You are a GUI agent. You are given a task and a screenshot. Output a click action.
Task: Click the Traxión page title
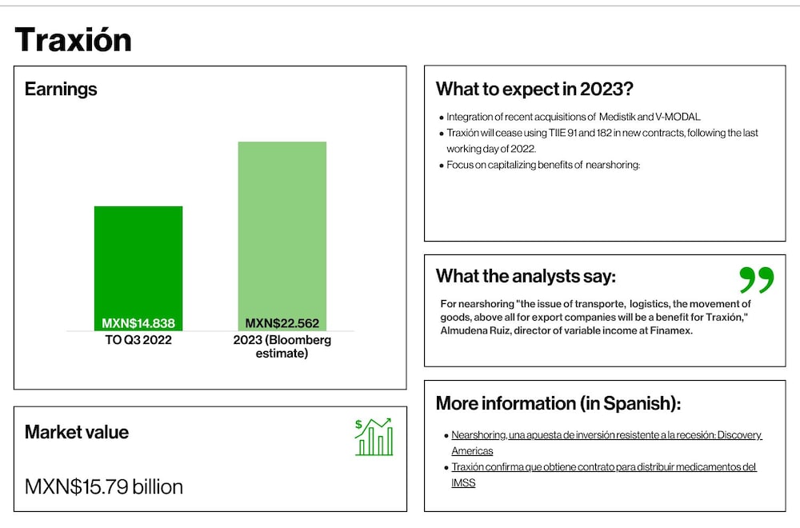(x=73, y=39)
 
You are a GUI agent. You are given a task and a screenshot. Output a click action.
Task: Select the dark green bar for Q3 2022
(x=138, y=268)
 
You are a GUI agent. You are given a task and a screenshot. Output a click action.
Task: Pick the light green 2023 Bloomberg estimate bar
(x=282, y=236)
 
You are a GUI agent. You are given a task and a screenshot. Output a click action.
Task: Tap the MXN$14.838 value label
(x=138, y=323)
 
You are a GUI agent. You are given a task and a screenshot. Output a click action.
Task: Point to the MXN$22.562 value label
(x=282, y=323)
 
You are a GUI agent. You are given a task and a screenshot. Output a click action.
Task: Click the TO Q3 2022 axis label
(x=138, y=340)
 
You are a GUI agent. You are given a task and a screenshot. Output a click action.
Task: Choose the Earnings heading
(x=61, y=90)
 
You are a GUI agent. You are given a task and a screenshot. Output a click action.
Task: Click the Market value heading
(x=77, y=432)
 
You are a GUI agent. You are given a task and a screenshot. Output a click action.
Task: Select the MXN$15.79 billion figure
(x=103, y=486)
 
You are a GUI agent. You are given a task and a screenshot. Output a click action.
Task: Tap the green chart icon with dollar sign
(x=374, y=437)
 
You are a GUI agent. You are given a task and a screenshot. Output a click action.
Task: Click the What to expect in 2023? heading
(x=534, y=89)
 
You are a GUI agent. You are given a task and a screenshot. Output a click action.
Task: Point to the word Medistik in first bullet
(x=617, y=117)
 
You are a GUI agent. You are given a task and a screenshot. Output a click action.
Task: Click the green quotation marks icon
(x=757, y=279)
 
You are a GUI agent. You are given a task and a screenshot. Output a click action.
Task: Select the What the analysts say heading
(x=526, y=276)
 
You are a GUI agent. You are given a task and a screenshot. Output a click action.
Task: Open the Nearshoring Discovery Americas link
(x=606, y=443)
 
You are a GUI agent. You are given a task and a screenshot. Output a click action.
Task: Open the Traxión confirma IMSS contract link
(x=603, y=474)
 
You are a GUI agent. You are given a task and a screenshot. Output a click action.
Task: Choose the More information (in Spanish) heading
(x=558, y=403)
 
